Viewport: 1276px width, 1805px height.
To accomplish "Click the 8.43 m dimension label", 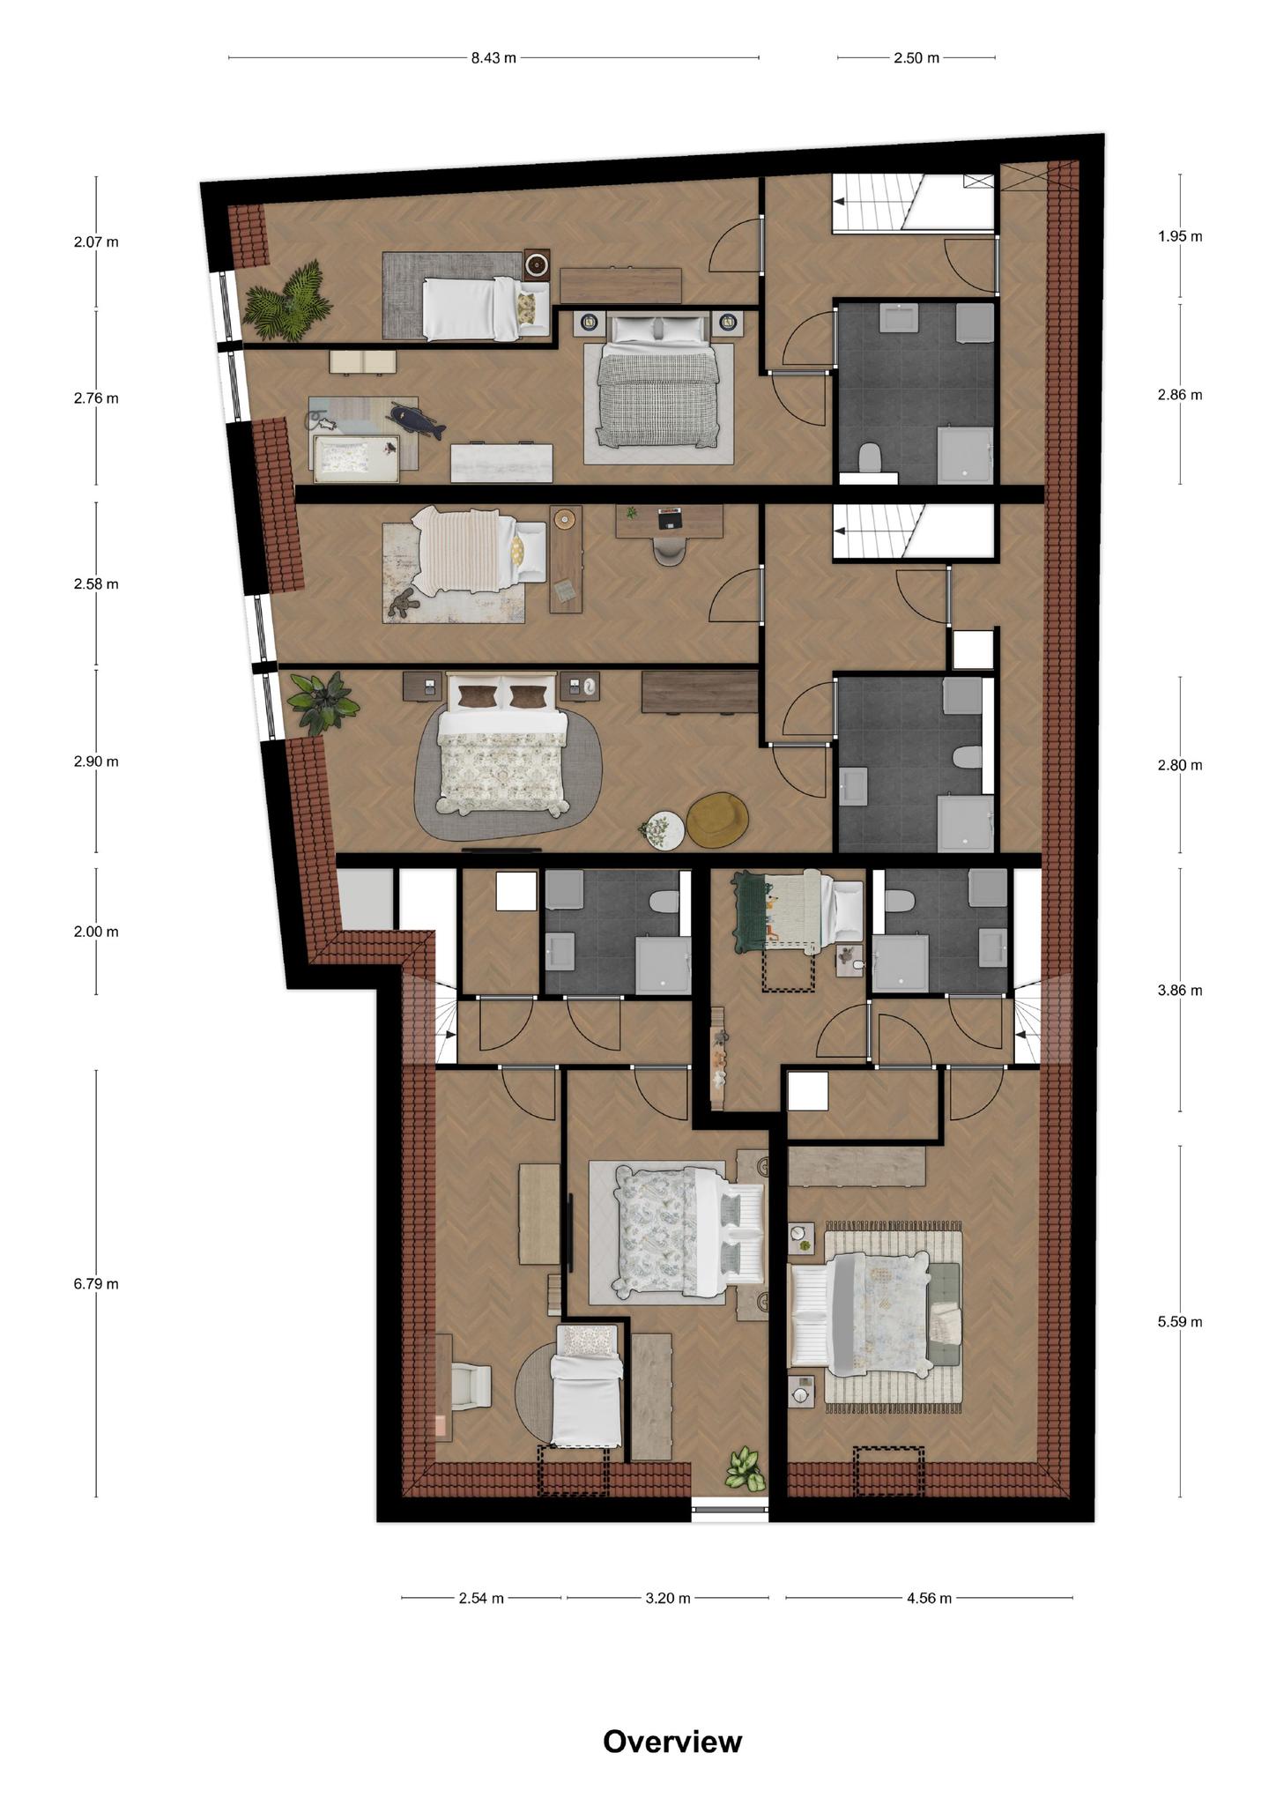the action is pyautogui.click(x=493, y=58).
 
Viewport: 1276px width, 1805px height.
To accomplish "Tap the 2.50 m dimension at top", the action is pyautogui.click(x=916, y=58).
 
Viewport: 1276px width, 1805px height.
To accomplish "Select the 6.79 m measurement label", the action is pyautogui.click(x=96, y=1284).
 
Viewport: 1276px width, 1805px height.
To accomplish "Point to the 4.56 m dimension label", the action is pyautogui.click(x=929, y=1598).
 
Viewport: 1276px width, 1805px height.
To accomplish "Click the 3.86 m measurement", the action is pyautogui.click(x=1180, y=991).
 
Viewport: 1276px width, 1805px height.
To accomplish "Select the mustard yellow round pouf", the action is pyautogui.click(x=717, y=820).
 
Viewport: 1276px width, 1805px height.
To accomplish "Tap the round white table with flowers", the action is pyautogui.click(x=663, y=829).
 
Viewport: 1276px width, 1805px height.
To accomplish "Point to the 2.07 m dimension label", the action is pyautogui.click(x=96, y=241).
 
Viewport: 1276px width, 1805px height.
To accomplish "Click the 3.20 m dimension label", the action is pyautogui.click(x=668, y=1598).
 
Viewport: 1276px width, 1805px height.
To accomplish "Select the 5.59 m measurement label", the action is pyautogui.click(x=1180, y=1322).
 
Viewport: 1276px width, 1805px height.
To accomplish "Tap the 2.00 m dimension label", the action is pyautogui.click(x=96, y=932).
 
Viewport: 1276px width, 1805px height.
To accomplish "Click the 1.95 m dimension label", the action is pyautogui.click(x=1180, y=236).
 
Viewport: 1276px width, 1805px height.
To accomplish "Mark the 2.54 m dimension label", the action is pyautogui.click(x=481, y=1598).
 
